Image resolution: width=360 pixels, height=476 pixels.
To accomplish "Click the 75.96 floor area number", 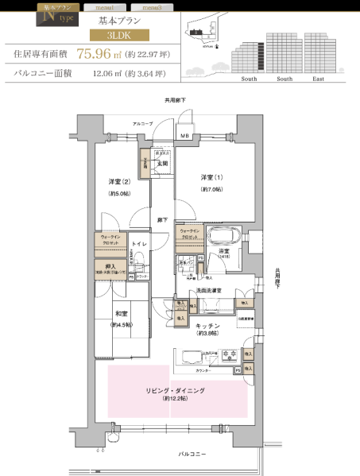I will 92,54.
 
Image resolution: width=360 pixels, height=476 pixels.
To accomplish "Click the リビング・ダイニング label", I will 176,391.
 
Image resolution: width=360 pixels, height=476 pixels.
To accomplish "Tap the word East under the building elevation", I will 318,79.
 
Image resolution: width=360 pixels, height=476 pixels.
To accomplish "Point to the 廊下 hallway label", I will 161,219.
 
